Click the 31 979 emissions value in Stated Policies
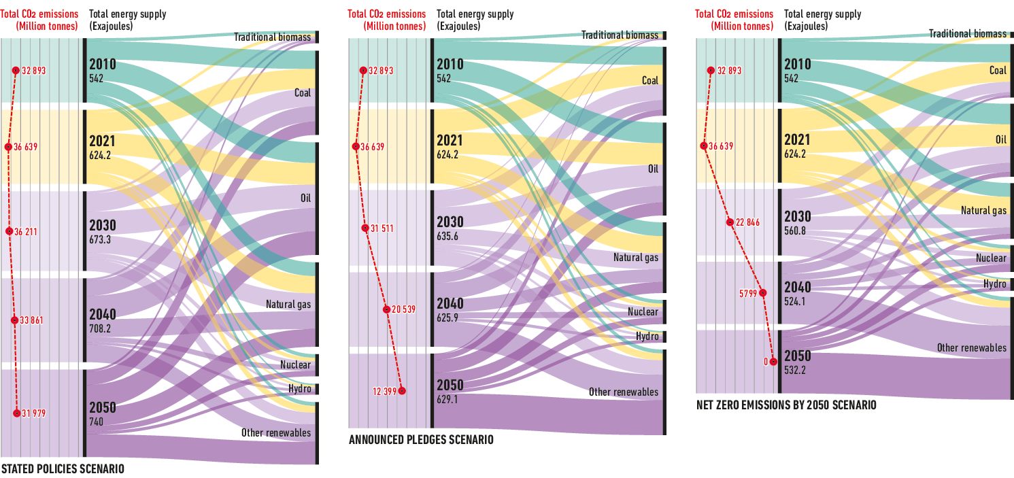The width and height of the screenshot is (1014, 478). coord(34,413)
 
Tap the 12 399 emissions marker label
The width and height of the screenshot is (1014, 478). coord(386,391)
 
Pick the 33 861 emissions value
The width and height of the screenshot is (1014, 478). coord(31,320)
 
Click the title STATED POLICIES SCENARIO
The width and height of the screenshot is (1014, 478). coord(63,469)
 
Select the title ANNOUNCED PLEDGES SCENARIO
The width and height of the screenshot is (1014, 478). coord(421,440)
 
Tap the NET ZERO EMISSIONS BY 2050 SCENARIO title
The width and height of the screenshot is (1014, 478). coord(786,405)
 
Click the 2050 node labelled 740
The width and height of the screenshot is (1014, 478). coord(103,413)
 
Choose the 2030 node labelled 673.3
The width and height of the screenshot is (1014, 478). coord(103,231)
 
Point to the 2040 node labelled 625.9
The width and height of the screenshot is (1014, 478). coord(450,309)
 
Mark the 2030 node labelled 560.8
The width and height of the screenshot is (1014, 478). coord(798,222)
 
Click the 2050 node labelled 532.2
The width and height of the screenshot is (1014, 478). coord(798,362)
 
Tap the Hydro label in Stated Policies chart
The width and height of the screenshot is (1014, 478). coord(299,389)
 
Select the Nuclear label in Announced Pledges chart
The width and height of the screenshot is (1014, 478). coord(643,312)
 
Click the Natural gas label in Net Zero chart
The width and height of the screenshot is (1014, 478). coord(983,211)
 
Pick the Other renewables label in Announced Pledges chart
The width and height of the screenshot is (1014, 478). coord(624,392)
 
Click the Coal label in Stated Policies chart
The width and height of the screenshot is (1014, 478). coord(302,92)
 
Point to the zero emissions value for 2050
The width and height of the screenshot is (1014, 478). coord(766,362)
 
